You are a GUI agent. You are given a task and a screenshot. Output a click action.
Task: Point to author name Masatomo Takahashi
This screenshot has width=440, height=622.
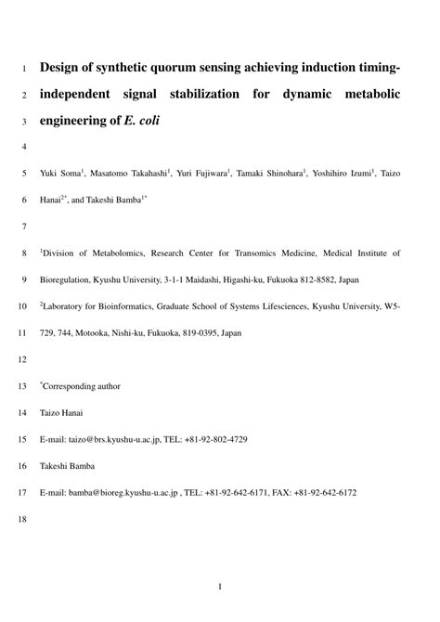point(128,173)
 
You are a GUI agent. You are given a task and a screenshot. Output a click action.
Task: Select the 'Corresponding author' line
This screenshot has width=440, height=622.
point(81,385)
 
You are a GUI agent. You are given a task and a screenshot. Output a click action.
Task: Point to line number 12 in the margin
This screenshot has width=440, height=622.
point(23,358)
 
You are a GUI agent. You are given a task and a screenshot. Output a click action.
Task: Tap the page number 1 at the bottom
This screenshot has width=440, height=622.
point(220,587)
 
